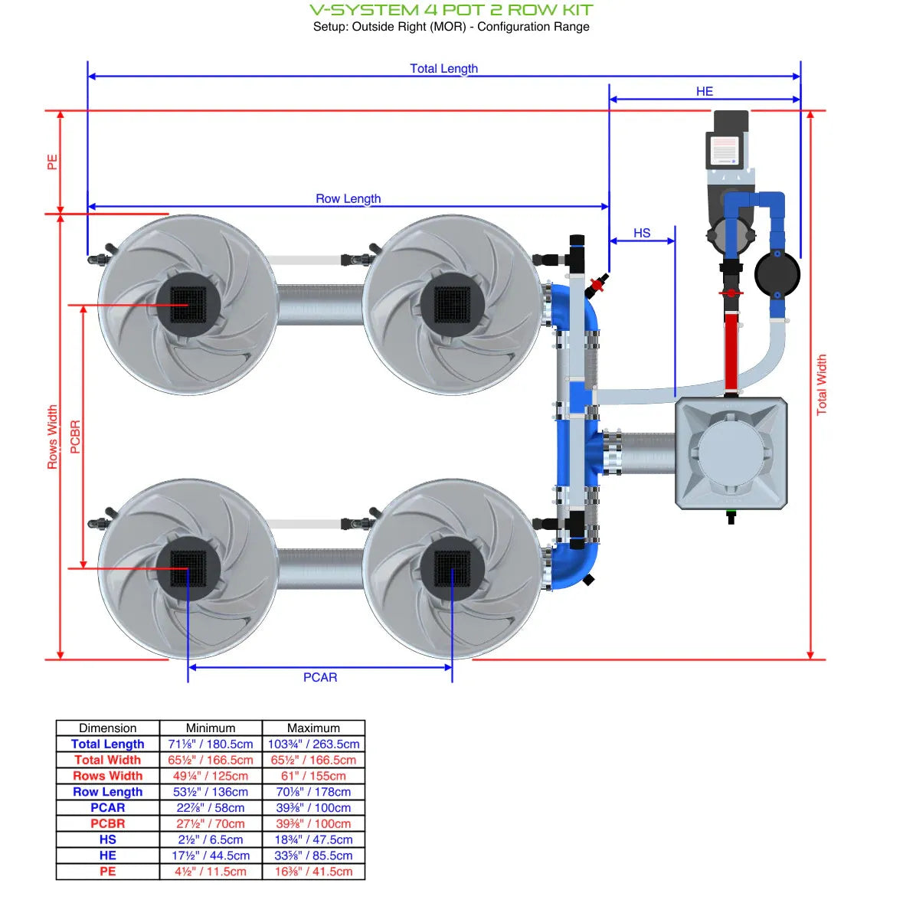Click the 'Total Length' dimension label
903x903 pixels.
click(443, 68)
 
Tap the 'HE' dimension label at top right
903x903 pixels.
click(704, 91)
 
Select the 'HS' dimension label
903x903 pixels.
click(641, 233)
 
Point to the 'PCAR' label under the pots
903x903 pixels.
click(319, 677)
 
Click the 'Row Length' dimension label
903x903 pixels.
click(348, 198)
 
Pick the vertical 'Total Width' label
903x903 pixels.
click(821, 384)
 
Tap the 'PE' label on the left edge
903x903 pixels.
click(52, 162)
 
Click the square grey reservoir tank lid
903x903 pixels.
click(731, 453)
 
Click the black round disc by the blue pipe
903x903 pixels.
click(777, 273)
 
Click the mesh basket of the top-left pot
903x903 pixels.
click(188, 305)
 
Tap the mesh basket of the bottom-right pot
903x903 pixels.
click(452, 568)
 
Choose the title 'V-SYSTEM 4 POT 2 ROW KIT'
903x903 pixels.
click(451, 10)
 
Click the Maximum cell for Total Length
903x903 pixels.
click(313, 744)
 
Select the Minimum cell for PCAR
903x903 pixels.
click(211, 807)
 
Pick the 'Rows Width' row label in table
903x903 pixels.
click(107, 776)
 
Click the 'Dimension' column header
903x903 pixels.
click(107, 728)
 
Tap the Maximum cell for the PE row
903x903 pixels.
click(313, 872)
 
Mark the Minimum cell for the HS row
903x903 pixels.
click(211, 839)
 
